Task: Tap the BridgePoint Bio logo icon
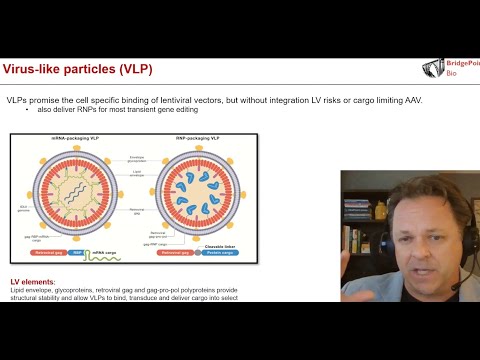[x=434, y=68]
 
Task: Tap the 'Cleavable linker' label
[x=220, y=244]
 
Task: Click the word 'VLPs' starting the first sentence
[x=17, y=101]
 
